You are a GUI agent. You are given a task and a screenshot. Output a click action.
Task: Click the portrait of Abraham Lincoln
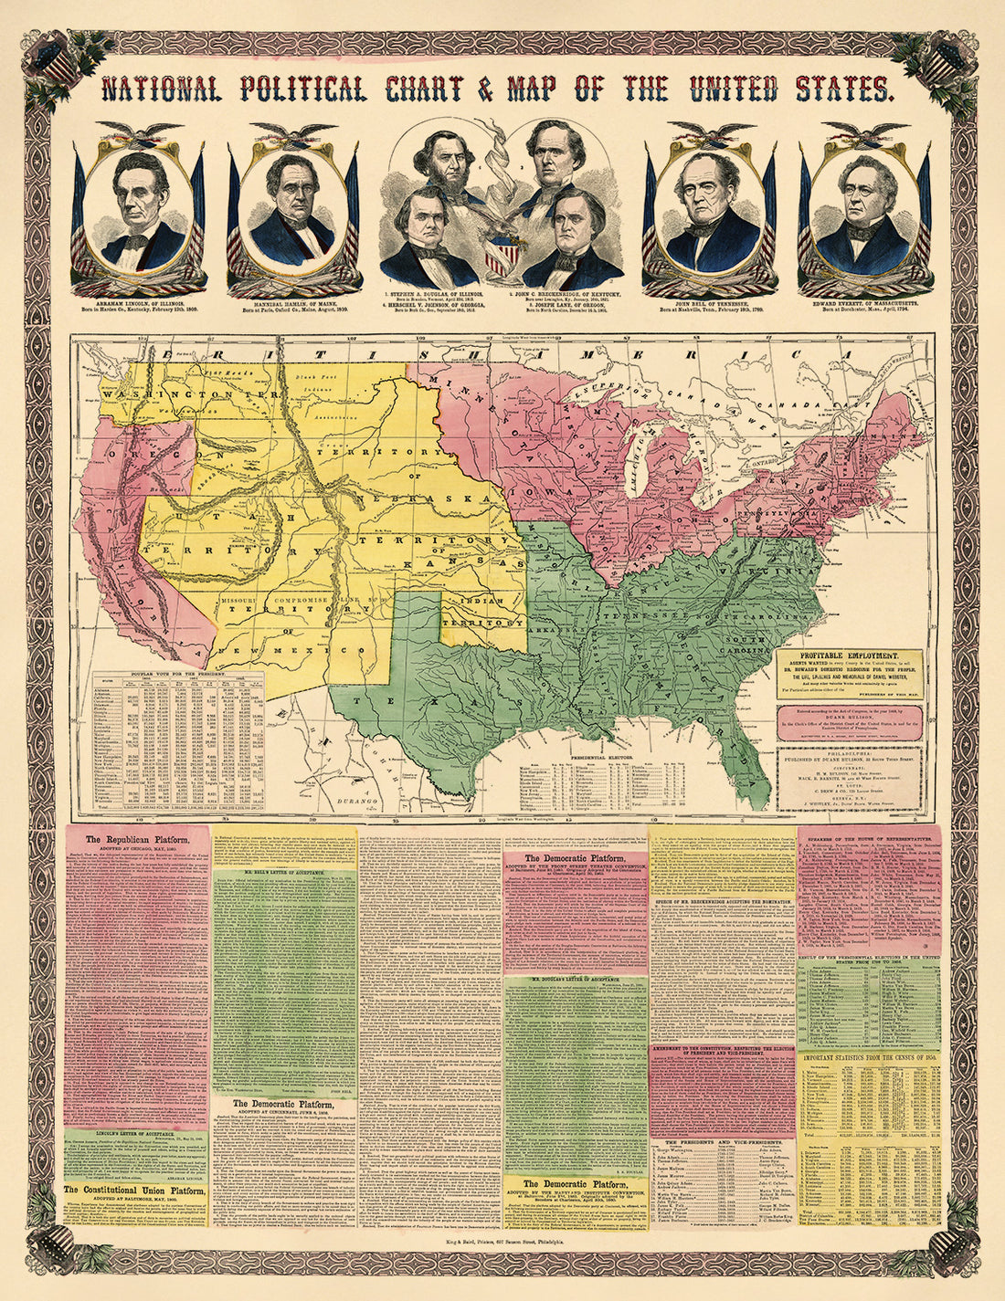click(x=140, y=212)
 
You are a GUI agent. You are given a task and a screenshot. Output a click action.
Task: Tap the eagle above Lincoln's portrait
click(x=140, y=134)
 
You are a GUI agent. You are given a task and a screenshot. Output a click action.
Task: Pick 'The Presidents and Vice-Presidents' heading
click(x=722, y=1142)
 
